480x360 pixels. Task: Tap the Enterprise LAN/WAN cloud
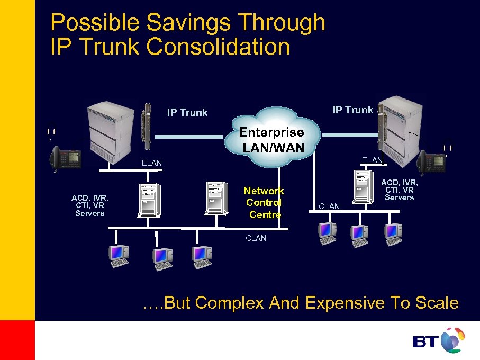point(273,138)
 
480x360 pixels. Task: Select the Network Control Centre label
point(264,202)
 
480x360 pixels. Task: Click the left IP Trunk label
point(187,112)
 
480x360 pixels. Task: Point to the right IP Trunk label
point(352,110)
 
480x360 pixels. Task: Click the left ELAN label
point(151,163)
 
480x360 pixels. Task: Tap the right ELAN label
point(372,160)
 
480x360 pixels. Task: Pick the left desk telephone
point(65,157)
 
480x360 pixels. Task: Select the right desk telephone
point(431,161)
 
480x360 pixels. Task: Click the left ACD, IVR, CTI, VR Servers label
point(90,205)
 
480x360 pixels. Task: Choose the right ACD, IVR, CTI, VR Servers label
point(400,190)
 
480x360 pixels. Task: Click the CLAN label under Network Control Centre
point(256,238)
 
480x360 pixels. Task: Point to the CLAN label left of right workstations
point(329,206)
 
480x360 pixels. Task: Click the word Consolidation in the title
point(218,47)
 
